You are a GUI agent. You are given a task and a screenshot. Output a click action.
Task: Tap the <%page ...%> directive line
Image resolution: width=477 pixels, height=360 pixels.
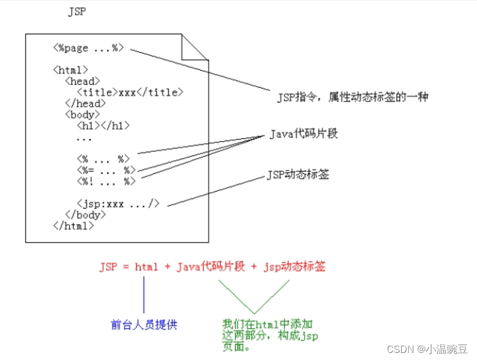click(88, 48)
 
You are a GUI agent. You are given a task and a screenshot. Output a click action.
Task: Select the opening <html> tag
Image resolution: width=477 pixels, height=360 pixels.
click(71, 69)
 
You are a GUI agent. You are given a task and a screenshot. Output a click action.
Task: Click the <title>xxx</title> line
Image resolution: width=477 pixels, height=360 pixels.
click(130, 92)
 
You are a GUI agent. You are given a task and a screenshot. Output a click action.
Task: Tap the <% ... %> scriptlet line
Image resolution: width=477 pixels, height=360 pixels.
click(103, 159)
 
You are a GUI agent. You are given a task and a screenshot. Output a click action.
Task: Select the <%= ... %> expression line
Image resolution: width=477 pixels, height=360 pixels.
click(105, 170)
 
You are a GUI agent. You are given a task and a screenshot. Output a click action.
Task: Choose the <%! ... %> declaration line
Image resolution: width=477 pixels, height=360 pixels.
click(105, 181)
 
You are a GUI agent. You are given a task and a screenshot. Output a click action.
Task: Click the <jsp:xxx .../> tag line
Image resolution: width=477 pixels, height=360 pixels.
click(118, 203)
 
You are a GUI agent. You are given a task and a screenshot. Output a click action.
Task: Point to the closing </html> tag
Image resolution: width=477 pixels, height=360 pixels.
click(73, 225)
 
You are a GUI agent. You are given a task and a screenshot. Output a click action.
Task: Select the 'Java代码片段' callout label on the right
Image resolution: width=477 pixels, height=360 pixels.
click(303, 133)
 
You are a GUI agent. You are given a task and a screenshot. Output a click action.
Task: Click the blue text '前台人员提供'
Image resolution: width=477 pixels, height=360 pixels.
click(144, 324)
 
